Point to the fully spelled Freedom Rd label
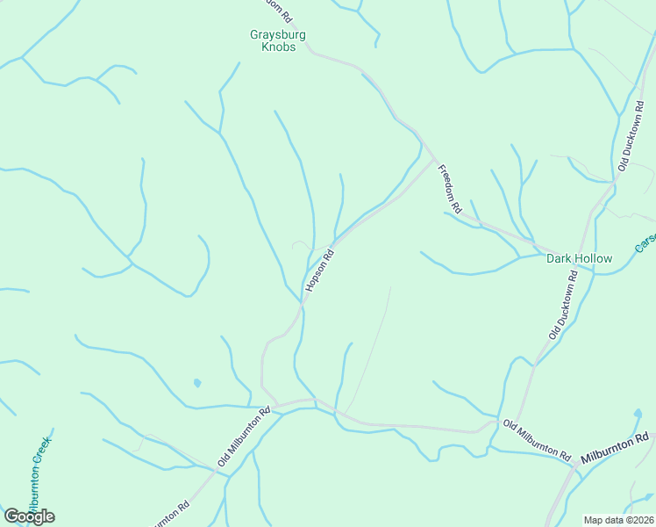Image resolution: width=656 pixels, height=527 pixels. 449,190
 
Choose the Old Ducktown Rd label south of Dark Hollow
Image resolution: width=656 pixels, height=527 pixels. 562,312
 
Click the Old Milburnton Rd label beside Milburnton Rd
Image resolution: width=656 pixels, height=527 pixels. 537,440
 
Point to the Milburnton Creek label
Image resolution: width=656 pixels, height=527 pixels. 39,474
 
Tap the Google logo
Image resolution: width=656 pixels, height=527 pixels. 29,516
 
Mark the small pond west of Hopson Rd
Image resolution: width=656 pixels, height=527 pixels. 196,383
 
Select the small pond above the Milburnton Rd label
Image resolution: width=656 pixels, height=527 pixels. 637,413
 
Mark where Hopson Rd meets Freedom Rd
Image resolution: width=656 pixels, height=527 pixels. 434,161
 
